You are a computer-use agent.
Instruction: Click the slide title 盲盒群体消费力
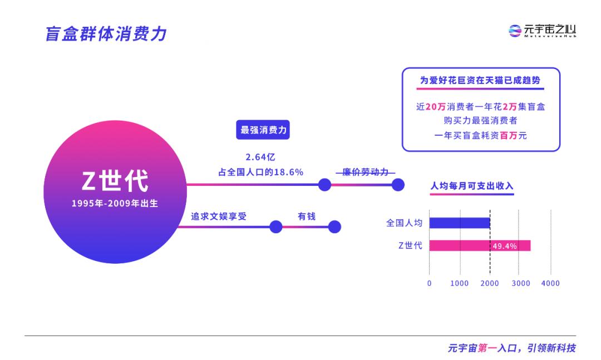point(106,34)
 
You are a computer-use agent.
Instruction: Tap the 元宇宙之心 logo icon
point(515,31)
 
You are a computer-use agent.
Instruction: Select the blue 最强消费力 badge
point(263,130)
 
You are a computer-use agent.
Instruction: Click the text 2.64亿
point(260,157)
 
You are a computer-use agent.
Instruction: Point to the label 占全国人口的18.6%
point(260,172)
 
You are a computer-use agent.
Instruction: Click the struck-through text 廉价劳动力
point(365,172)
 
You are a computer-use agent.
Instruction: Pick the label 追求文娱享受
point(219,216)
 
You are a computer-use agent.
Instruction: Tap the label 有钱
point(307,216)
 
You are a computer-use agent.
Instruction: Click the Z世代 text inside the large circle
point(115,181)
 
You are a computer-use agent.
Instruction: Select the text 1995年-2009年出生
point(115,203)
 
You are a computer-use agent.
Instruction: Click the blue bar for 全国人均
point(460,223)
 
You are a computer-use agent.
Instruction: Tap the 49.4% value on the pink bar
point(504,246)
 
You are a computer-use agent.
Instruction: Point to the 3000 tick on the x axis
point(521,283)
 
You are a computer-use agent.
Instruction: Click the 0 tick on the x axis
point(429,283)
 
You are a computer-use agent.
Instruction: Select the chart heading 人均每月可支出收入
point(472,186)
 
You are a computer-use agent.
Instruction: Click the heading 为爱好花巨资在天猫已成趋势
point(480,80)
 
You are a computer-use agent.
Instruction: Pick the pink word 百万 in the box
point(509,135)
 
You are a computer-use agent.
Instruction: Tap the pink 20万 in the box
point(435,107)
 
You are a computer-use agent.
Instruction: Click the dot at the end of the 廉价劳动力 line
point(398,185)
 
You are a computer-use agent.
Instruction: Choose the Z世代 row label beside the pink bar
point(410,245)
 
